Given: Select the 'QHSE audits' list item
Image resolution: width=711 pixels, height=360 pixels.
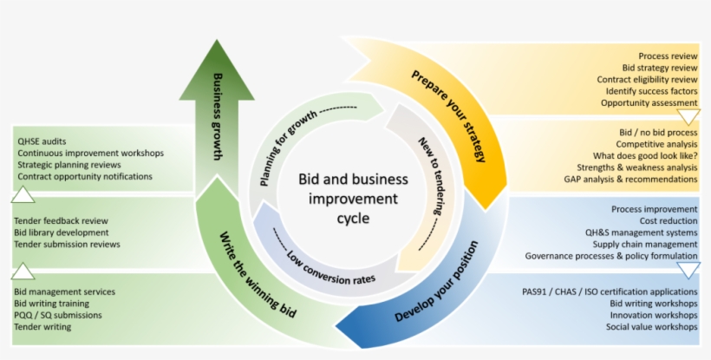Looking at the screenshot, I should [x=42, y=141].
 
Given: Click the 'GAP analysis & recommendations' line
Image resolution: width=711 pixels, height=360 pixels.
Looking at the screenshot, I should [x=630, y=180].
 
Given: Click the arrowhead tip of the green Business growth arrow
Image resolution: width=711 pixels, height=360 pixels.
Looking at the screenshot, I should [x=214, y=42].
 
